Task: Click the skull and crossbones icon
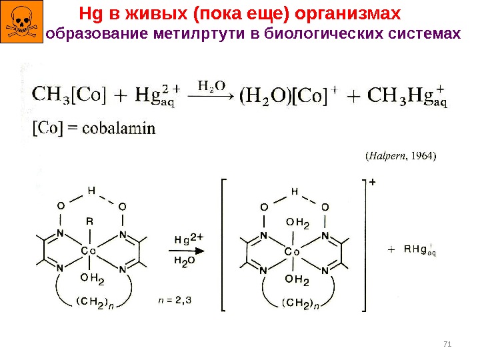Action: coord(21,21)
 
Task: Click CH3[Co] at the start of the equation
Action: coord(69,95)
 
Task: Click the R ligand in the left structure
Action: coord(89,219)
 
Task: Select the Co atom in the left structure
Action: coord(89,250)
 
